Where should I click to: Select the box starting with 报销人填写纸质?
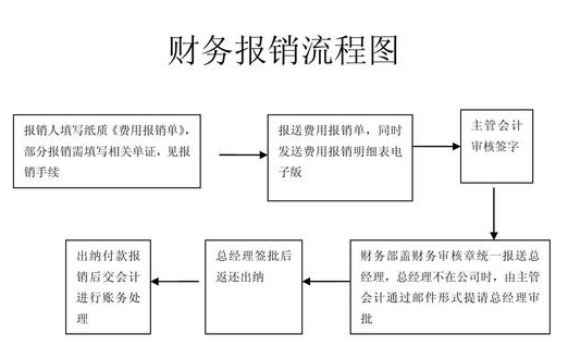[113, 152]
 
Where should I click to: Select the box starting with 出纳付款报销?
[109, 284]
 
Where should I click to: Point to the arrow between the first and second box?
[239, 155]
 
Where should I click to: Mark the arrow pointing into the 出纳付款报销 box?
[177, 284]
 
